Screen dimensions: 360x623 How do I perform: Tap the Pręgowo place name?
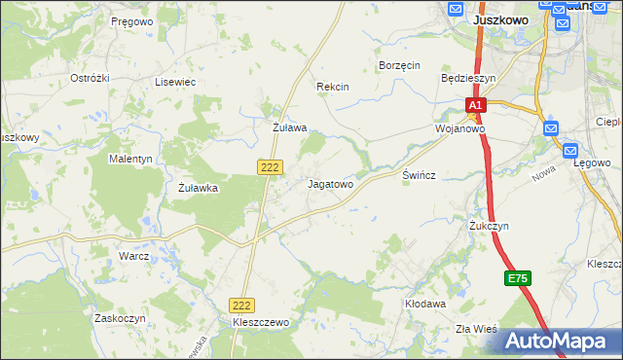click(132, 20)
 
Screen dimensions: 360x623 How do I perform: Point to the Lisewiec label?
click(175, 83)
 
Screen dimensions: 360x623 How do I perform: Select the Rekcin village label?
click(332, 87)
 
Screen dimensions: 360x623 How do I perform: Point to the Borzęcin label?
click(398, 65)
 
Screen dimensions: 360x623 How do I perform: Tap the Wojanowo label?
click(460, 127)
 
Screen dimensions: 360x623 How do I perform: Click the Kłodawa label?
click(424, 304)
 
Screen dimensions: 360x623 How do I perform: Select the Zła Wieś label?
click(477, 329)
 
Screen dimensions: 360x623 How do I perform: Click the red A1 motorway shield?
click(474, 105)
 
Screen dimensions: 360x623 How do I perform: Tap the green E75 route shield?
click(518, 279)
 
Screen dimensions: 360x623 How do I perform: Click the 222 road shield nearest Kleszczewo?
click(242, 305)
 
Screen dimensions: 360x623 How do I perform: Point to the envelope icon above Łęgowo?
click(571, 151)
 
